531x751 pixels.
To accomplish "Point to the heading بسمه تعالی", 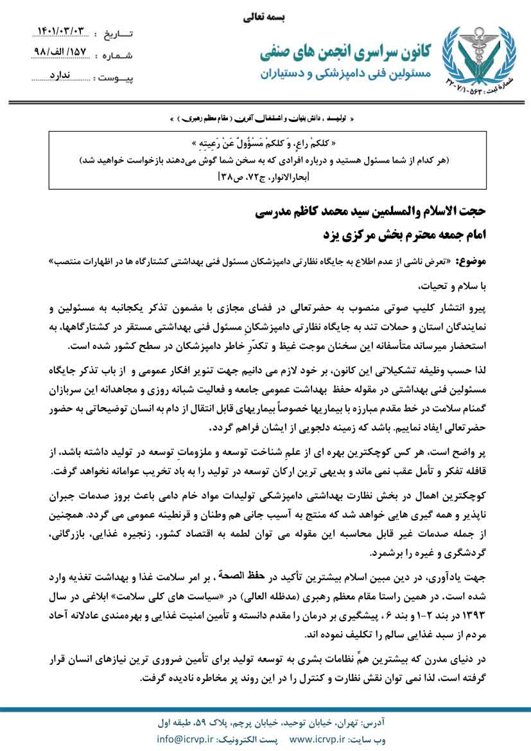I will coord(265,18).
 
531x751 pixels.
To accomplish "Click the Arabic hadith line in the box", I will coord(265,143).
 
